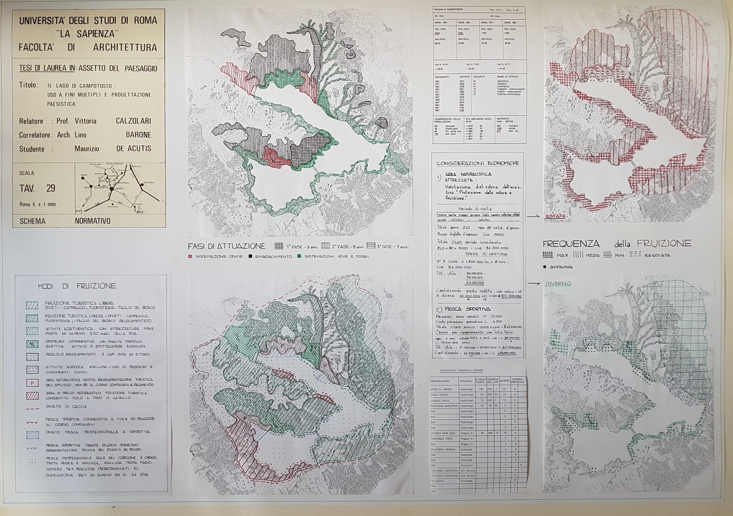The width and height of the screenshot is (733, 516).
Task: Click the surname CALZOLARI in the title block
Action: click(133, 121)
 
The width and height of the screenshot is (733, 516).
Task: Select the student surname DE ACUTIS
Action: click(134, 149)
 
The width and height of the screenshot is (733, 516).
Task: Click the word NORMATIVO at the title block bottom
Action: click(93, 221)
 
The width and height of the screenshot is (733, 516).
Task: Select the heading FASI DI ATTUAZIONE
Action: click(227, 246)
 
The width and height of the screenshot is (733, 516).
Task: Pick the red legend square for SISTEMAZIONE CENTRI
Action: click(190, 256)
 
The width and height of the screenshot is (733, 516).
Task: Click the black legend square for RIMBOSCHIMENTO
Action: click(251, 256)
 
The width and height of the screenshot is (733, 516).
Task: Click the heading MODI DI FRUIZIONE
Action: click(77, 286)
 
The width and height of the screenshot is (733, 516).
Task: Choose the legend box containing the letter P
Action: click(32, 383)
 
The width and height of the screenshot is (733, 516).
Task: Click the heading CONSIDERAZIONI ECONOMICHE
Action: click(478, 163)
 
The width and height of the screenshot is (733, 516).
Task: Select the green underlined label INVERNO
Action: click(558, 283)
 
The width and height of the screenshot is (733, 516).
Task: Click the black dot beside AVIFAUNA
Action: click(545, 267)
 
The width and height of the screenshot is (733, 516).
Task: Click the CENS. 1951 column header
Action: click(441, 23)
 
